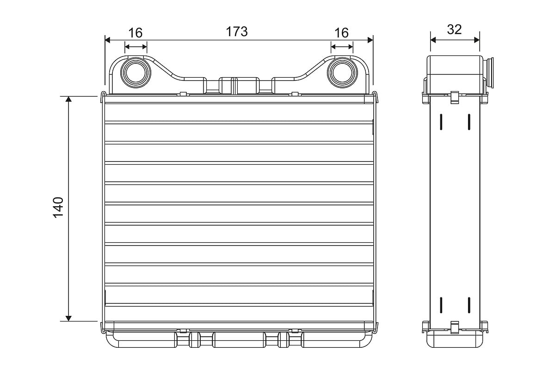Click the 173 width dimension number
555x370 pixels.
pyautogui.click(x=237, y=31)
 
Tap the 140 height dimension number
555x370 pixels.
pyautogui.click(x=58, y=207)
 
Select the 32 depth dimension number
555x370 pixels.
pyautogui.click(x=454, y=30)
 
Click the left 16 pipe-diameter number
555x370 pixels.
pyautogui.click(x=136, y=33)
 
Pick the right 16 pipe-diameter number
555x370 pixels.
pyautogui.click(x=341, y=33)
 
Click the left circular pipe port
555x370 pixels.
pyautogui.click(x=136, y=73)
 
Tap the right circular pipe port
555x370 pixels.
pyautogui.click(x=342, y=73)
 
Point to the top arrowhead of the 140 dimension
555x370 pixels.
pyautogui.click(x=68, y=99)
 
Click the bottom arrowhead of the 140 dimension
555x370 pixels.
pyautogui.click(x=68, y=318)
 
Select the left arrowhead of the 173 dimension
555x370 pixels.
pyautogui.click(x=107, y=40)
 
